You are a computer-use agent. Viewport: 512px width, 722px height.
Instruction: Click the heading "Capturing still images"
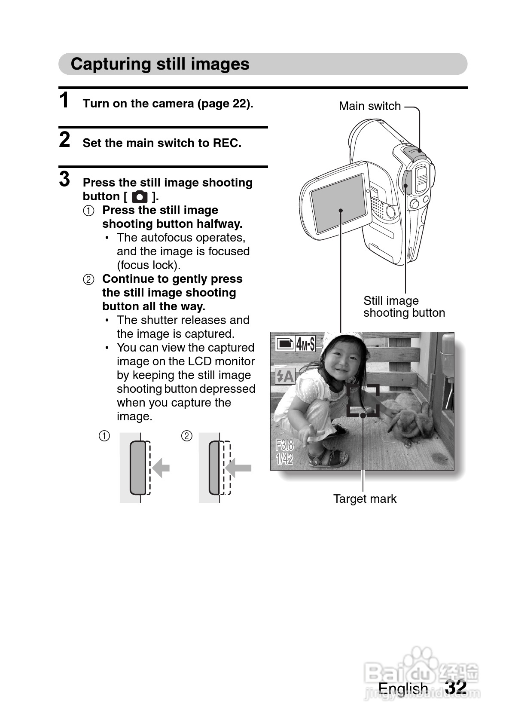click(160, 64)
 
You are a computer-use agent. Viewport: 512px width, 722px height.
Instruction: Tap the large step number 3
click(64, 179)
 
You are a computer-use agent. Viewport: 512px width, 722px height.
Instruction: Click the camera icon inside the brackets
click(140, 197)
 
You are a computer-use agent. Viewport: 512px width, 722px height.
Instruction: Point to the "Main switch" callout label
click(369, 106)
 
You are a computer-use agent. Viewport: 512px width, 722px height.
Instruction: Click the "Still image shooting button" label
click(404, 306)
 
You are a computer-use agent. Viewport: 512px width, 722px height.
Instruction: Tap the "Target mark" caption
click(365, 499)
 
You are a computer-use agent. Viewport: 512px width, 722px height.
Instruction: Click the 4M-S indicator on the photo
click(305, 344)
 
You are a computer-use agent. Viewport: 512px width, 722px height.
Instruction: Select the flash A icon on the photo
click(284, 376)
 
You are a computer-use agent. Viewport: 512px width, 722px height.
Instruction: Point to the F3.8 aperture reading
click(284, 445)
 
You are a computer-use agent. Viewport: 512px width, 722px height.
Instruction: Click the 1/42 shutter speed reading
click(284, 459)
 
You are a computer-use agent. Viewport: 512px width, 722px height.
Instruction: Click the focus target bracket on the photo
click(363, 400)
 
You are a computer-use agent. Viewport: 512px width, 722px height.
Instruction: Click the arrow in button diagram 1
click(161, 468)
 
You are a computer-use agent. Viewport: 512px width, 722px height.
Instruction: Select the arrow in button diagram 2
click(239, 468)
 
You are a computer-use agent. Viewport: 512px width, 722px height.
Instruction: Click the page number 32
click(456, 687)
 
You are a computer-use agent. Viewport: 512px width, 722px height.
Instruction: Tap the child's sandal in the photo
click(329, 459)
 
